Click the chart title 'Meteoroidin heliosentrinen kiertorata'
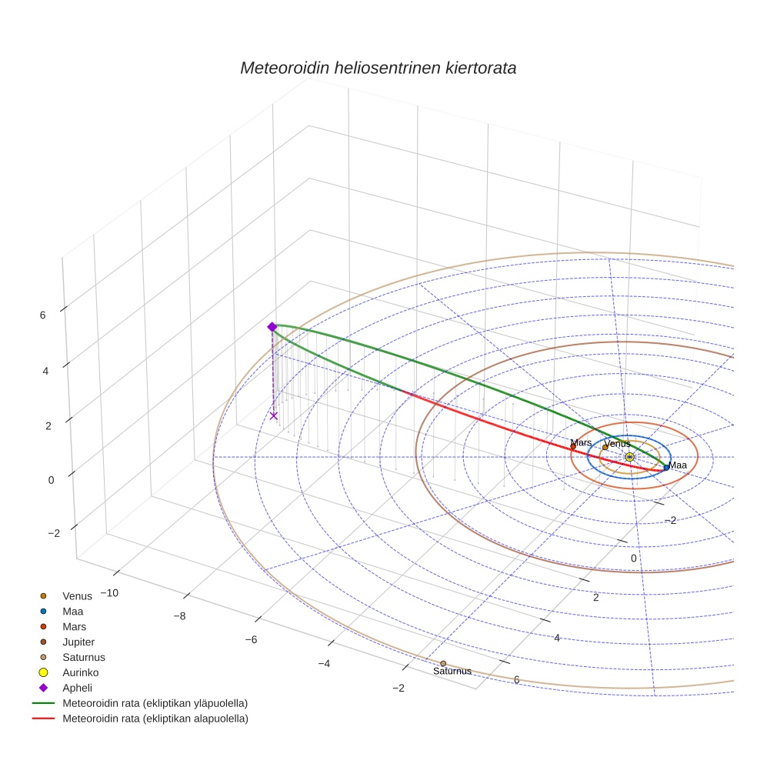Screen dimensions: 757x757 [378, 68]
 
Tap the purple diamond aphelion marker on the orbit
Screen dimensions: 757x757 [272, 327]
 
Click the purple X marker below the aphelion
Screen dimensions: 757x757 [273, 415]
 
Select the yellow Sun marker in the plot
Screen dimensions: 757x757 [629, 457]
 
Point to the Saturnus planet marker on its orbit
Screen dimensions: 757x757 [443, 663]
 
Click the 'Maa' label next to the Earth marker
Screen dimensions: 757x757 [678, 465]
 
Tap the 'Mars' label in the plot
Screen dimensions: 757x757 [581, 443]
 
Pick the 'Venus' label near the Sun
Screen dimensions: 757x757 [617, 444]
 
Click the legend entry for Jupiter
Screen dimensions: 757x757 [78, 642]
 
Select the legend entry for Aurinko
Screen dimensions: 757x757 [80, 672]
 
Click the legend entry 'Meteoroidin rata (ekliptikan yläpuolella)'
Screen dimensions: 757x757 [155, 703]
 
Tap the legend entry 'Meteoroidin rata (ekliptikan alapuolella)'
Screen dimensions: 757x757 [155, 719]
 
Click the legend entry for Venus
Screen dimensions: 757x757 [77, 595]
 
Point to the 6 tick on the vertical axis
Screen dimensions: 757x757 [42, 315]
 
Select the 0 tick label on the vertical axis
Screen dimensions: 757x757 [51, 480]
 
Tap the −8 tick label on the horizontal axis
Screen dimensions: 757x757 [179, 616]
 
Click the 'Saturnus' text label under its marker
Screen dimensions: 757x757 [452, 672]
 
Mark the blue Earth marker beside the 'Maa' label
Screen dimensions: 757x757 [666, 467]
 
